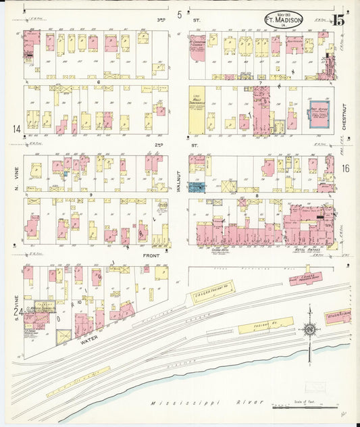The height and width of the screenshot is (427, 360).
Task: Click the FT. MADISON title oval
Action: (283, 18)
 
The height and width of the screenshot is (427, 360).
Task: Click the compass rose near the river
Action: (309, 330)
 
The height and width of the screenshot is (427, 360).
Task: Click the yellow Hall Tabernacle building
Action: (196, 108)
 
